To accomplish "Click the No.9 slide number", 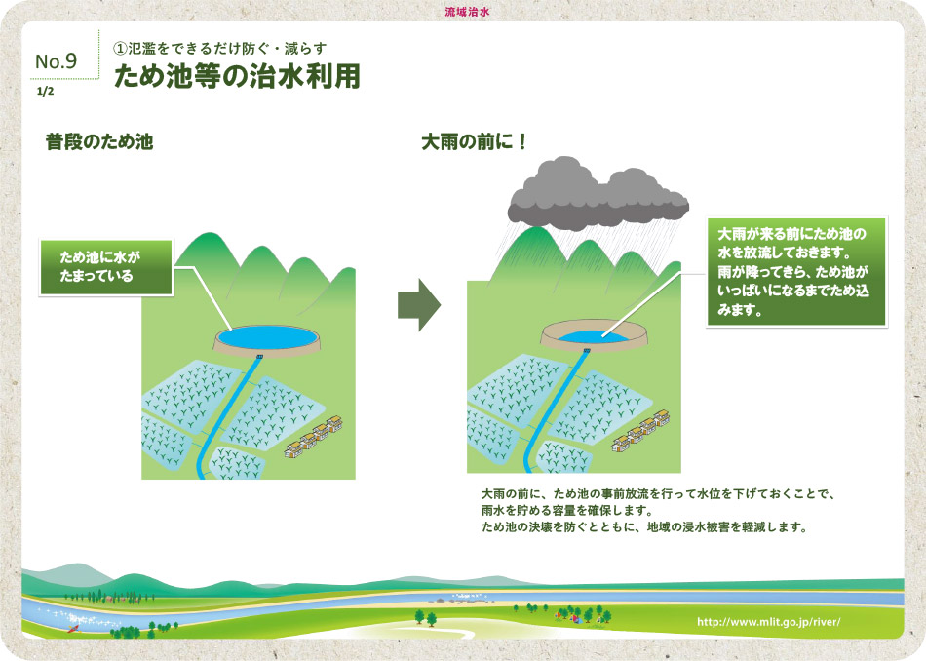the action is (x=57, y=60).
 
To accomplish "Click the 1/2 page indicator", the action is (x=45, y=91).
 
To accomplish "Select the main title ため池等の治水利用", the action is (x=237, y=76).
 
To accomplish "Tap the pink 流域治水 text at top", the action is (x=467, y=12).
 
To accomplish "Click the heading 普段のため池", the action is (x=99, y=141).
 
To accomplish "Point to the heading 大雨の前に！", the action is (x=474, y=141).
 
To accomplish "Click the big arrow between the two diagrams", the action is (x=419, y=305).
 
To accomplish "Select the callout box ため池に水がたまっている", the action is (x=106, y=267).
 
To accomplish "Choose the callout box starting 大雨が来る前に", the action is (x=796, y=272).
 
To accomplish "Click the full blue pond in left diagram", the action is (x=267, y=337).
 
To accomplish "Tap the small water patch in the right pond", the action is (x=593, y=336).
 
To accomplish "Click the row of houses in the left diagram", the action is (x=314, y=437).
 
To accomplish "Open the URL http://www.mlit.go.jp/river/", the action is (x=768, y=622).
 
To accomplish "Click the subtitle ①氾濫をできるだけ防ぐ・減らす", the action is (x=219, y=49).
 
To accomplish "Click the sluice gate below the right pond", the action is (x=587, y=351).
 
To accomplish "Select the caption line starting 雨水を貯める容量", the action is (x=567, y=510).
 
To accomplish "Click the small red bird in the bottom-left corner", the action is (x=73, y=629).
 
